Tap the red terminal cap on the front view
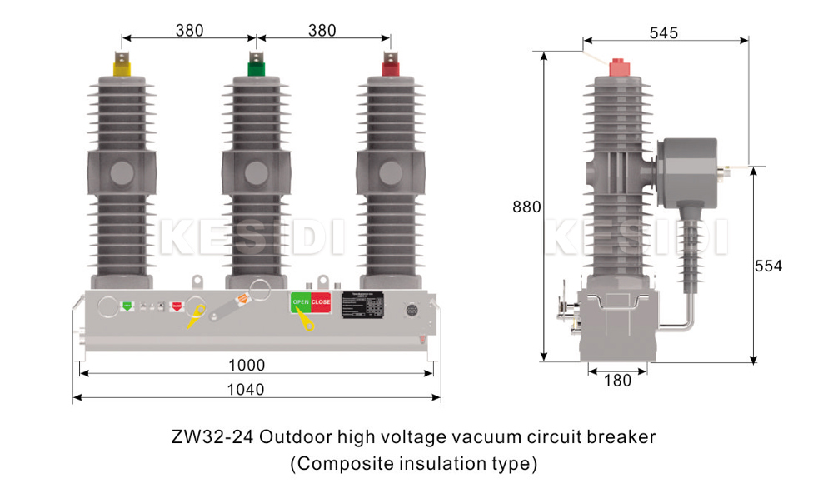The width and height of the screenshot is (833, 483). pos(390,67)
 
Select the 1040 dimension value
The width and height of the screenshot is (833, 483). pos(246,390)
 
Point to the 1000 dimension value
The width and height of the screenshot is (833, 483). pos(247,366)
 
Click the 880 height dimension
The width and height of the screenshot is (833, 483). pos(527,207)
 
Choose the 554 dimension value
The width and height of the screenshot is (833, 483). pos(768,266)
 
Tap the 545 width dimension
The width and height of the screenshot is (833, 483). pos(663,32)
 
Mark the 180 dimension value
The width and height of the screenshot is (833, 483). pos(616,381)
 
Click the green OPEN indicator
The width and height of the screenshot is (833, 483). pos(300,302)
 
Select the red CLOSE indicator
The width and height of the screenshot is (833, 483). pos(321,302)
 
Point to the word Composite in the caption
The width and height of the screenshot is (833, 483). pos(342,462)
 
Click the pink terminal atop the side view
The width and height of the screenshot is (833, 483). pos(617,68)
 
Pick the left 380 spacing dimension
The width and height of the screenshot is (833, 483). pos(189,31)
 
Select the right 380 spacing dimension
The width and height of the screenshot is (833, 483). pos(322,31)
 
